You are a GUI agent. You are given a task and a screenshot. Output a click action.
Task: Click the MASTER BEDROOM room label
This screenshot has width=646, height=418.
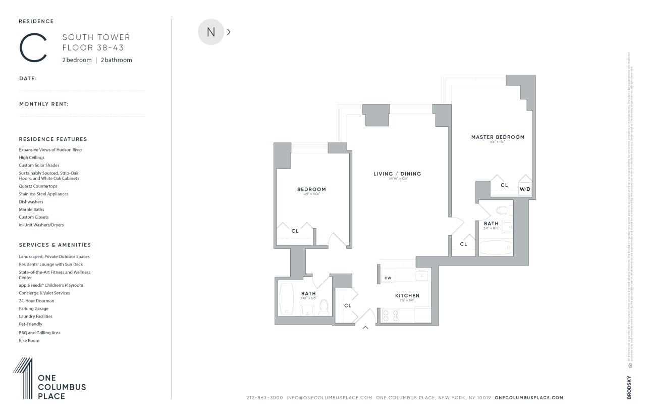pos(498,137)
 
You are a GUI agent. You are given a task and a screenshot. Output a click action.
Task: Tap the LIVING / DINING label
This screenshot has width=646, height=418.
pos(397,174)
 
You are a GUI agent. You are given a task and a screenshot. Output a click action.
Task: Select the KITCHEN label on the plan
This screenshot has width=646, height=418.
pos(407,296)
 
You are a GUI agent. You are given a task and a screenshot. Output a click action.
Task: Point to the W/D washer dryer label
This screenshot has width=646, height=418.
pos(525,189)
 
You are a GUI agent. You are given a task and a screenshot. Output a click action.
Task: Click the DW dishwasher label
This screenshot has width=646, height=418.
pos(388,278)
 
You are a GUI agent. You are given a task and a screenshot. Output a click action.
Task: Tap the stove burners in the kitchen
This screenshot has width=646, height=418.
pos(390,316)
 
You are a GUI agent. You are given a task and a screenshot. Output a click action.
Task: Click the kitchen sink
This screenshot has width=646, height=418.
pos(421,276)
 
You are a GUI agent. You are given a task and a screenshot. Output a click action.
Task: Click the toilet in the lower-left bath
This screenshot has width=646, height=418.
pos(324,306)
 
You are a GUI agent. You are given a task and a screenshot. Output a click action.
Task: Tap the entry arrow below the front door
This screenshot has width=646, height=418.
pos(365,328)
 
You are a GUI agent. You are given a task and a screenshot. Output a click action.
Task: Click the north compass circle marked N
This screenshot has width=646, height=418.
pos(211,32)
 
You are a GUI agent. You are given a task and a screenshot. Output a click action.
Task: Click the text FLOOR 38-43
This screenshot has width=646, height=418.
pos(93,48)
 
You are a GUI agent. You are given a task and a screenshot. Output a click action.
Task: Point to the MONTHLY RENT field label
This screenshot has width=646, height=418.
pos(44,104)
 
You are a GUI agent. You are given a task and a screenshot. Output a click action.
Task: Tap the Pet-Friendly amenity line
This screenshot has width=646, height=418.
pos(31,324)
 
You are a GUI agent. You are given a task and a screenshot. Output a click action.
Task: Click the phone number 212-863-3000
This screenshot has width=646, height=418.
pos(264,398)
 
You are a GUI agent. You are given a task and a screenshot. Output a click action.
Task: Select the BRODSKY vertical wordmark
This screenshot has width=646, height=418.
pos(629,386)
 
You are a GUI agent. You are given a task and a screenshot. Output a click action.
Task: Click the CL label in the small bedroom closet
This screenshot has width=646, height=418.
pos(295,231)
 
